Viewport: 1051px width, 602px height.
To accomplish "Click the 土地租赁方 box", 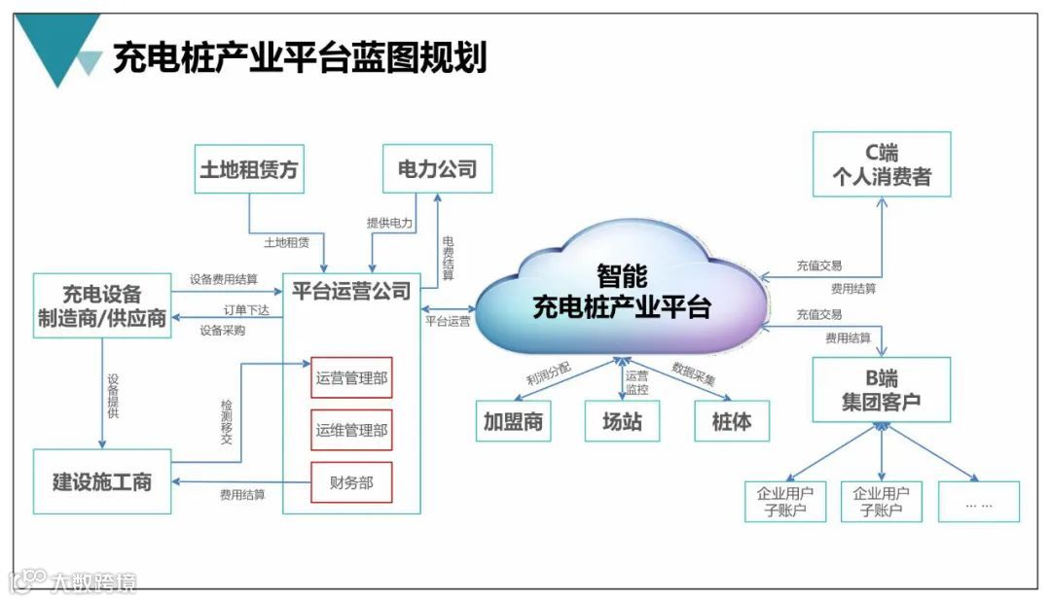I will pos(248,170).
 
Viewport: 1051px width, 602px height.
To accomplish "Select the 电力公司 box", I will pos(437,169).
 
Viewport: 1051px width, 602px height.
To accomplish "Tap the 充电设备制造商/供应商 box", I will pos(102,306).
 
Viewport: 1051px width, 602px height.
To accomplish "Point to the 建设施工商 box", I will pos(102,481).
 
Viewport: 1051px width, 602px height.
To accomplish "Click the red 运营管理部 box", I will pos(351,378).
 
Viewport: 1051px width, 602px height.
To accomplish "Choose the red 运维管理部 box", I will pos(351,430).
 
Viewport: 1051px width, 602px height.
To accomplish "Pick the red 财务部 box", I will pos(351,482).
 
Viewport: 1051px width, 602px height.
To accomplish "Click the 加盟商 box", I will pos(513,422).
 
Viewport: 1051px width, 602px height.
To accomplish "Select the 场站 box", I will pos(622,422).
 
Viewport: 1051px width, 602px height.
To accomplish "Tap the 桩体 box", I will pos(731,422).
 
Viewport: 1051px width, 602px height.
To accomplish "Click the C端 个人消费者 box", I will pos(882,164).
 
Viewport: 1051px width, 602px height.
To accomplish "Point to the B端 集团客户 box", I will pos(882,389).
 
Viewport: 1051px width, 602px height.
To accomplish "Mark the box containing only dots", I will pos(978,502).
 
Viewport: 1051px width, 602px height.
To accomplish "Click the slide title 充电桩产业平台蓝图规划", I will pos(300,57).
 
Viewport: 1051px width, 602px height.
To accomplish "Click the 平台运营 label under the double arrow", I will pos(448,320).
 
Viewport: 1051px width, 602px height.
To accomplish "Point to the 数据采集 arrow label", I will pos(693,374).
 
